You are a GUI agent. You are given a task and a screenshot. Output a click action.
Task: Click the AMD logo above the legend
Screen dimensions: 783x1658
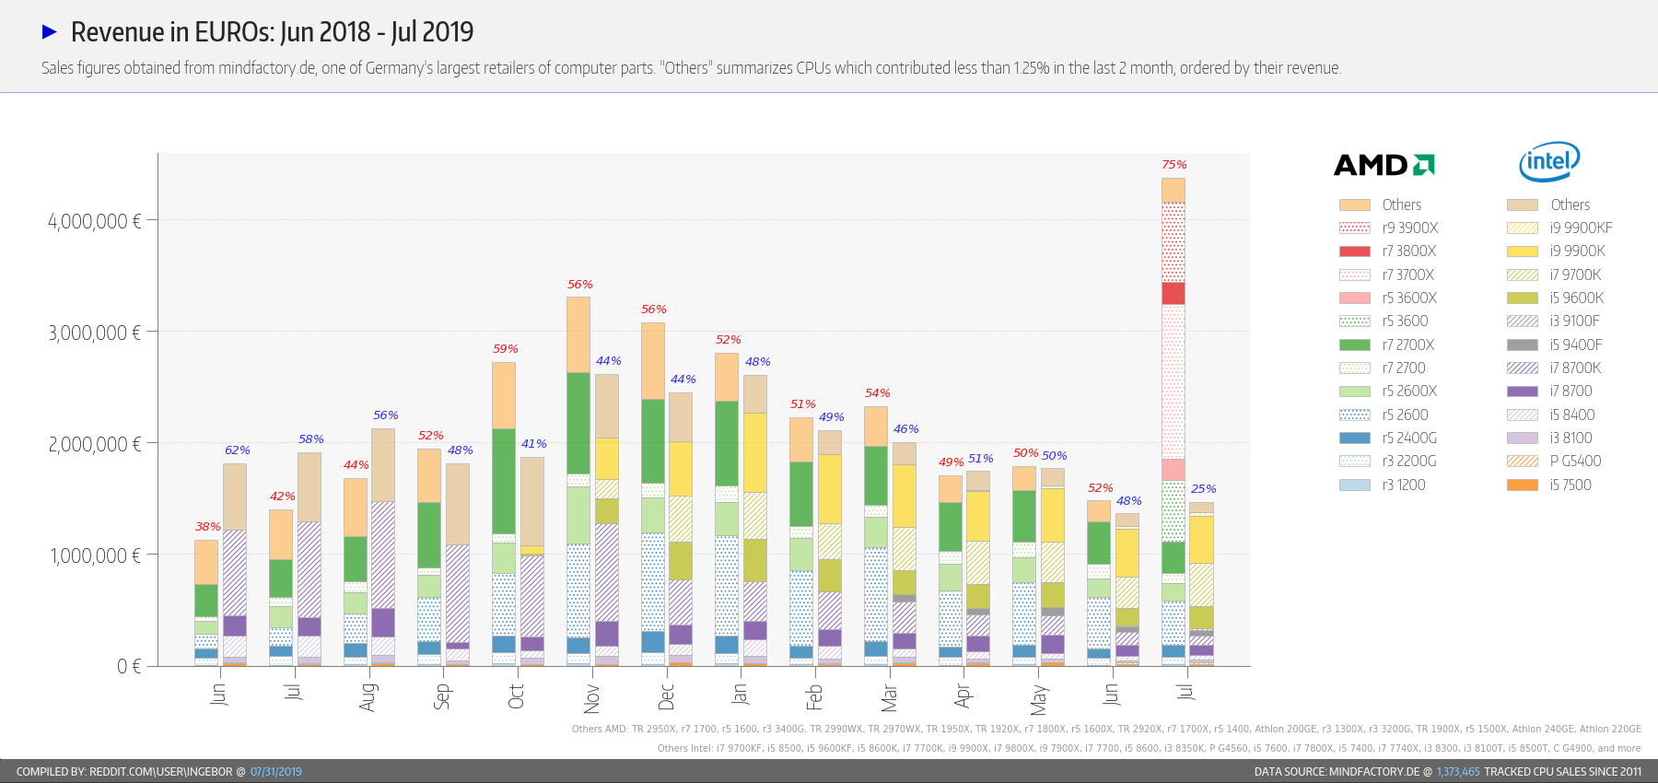(1384, 165)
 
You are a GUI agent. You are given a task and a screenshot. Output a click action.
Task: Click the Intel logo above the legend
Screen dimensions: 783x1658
(1549, 162)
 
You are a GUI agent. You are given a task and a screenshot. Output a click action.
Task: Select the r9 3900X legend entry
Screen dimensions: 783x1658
(1388, 228)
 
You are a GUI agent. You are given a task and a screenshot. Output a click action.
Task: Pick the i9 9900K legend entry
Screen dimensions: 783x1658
(1556, 251)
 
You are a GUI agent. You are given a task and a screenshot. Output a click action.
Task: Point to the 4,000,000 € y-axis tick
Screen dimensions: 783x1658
(95, 221)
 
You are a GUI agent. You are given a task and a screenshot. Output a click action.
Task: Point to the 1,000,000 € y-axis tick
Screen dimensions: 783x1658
(95, 555)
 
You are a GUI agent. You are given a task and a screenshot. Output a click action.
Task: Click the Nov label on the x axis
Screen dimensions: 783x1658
(591, 697)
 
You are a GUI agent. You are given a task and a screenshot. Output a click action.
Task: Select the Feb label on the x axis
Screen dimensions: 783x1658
(814, 696)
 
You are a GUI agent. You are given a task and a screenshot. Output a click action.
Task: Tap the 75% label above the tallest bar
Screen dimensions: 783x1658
(1173, 165)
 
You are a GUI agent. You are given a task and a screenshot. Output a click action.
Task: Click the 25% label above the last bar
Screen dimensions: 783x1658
(1203, 489)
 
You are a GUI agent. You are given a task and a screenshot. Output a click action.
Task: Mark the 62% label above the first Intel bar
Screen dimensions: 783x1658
(238, 450)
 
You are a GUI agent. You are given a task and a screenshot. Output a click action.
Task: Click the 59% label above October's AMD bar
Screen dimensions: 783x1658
(505, 349)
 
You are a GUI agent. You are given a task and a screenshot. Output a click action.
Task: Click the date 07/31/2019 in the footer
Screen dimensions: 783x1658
(275, 772)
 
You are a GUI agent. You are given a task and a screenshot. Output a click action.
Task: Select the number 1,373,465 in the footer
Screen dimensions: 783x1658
(1457, 772)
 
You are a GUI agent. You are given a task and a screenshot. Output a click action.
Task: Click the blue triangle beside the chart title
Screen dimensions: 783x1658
(50, 32)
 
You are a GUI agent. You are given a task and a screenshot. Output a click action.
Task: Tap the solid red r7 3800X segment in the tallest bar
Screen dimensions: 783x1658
(1173, 293)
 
